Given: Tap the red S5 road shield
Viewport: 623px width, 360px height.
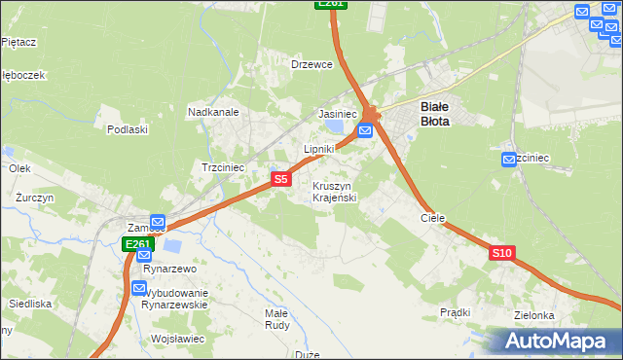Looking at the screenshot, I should [280, 179].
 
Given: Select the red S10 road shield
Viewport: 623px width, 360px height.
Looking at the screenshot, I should [501, 253].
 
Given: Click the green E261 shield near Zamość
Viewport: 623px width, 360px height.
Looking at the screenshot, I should [137, 244].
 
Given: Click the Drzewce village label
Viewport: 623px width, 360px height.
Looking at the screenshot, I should [312, 64].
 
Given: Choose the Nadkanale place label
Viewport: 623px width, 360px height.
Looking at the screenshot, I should [213, 112].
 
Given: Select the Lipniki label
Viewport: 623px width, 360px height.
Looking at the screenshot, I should [319, 149].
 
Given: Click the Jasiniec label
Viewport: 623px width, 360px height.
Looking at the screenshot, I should [335, 114].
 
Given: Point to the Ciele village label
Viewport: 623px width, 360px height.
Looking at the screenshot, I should [432, 219].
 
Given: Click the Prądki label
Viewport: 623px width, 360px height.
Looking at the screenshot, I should [455, 312].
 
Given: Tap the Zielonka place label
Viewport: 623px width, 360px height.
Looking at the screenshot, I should [534, 315].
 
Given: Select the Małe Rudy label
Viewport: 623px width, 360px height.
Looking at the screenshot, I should [275, 319].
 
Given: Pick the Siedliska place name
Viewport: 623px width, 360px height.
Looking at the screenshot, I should [29, 304].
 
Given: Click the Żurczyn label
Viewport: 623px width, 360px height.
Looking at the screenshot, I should [34, 197].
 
